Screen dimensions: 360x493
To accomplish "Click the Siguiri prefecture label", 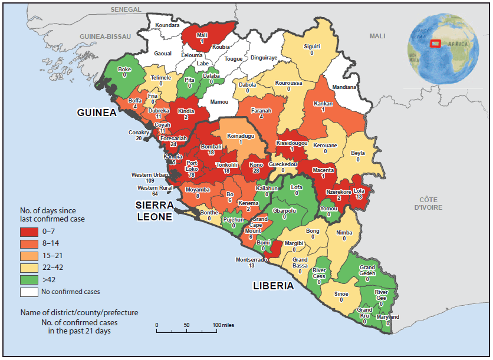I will (311, 46).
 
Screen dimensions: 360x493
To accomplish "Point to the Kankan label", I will (324, 103).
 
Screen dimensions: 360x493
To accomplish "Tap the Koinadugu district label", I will (240, 136).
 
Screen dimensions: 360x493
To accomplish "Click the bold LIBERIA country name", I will (273, 286).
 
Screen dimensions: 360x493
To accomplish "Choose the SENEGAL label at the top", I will (126, 10).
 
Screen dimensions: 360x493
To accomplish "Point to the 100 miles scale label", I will (224, 325).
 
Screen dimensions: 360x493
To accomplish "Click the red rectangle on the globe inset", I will (436, 42).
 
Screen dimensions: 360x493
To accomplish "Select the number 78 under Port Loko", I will (192, 176).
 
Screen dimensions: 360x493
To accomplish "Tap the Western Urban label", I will (150, 175).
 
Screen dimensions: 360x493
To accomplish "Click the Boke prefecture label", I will (124, 69).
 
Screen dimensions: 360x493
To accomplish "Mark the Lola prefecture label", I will (359, 191).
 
